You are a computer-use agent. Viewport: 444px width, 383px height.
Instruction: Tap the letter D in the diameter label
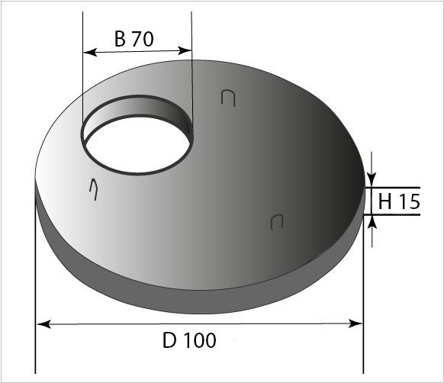[x=169, y=341]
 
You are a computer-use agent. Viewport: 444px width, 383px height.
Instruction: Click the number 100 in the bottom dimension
[x=200, y=341]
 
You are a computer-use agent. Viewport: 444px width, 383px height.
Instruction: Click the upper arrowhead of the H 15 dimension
[x=372, y=181]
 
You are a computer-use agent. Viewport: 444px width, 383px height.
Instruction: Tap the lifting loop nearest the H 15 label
[x=277, y=221]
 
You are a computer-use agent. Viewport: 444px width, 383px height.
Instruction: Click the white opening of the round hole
[x=134, y=149]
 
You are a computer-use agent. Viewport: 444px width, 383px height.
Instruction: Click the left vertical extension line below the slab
[x=35, y=336]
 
